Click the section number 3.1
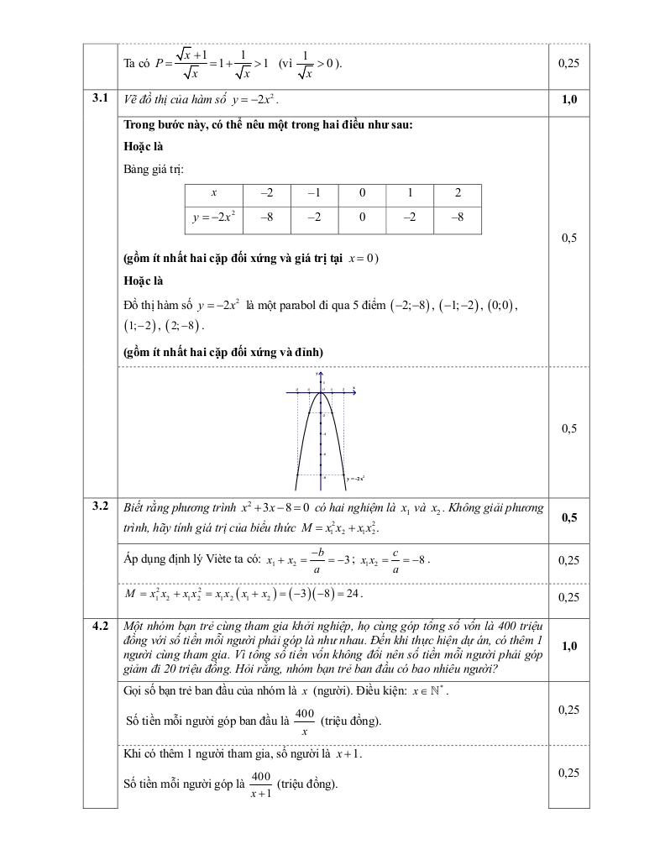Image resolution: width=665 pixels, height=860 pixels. tap(101, 98)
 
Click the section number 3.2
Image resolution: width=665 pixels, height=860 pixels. tap(101, 506)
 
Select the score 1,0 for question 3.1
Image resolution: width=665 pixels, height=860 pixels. tap(568, 100)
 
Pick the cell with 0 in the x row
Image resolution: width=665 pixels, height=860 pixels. tap(362, 193)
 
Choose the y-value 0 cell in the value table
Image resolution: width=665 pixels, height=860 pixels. tap(362, 218)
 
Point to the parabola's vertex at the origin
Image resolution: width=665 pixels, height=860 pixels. tap(321, 392)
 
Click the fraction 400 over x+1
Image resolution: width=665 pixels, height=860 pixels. tap(260, 784)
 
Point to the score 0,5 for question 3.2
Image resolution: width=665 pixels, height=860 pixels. tap(568, 517)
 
